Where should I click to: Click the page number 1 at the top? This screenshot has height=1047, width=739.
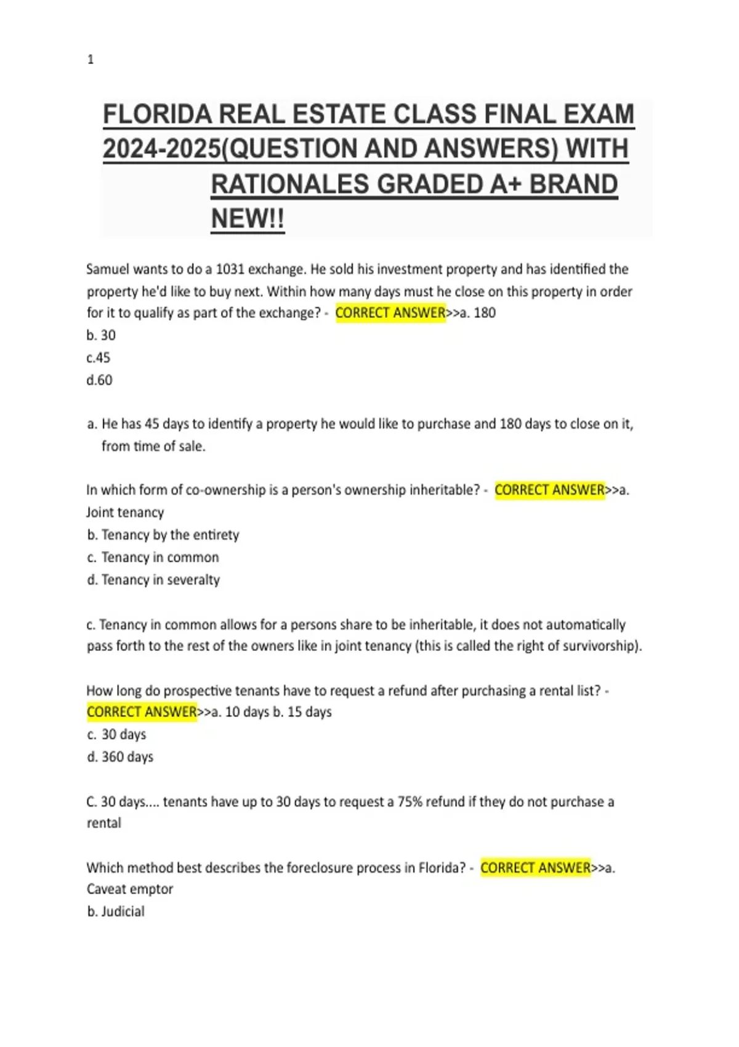point(91,60)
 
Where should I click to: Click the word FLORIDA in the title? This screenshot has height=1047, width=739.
point(158,115)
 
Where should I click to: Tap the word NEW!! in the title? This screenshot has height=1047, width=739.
point(248,219)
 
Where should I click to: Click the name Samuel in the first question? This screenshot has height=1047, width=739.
point(108,269)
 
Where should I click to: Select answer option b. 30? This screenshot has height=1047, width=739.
point(101,335)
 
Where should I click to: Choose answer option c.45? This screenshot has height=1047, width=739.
point(99,358)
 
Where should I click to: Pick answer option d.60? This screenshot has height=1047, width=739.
point(100,380)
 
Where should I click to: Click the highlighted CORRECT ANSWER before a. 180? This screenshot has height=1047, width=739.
point(390,313)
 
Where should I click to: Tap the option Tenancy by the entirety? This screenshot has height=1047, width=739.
point(169,535)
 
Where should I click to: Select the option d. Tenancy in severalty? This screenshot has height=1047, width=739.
point(153,580)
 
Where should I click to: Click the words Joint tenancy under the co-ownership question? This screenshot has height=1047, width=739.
point(125,512)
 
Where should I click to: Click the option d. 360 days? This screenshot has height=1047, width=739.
point(120,757)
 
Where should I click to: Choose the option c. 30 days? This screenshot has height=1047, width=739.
point(117,734)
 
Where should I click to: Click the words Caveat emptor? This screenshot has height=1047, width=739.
point(130,889)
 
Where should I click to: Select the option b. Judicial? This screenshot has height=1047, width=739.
point(116,912)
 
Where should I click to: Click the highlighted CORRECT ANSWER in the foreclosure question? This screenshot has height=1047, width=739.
point(535,868)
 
